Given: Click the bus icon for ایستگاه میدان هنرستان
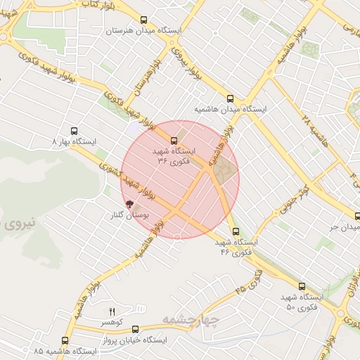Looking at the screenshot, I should click(x=144, y=20).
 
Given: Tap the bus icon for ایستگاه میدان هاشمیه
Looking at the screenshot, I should click(x=231, y=98).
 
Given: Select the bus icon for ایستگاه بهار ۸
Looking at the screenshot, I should click(x=75, y=130).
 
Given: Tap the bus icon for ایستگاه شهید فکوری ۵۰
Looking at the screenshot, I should click(x=302, y=286).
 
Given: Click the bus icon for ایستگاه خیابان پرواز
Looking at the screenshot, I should click(x=135, y=328).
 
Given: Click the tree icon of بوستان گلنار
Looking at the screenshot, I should click(x=127, y=204).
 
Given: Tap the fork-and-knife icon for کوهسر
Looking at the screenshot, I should click(x=111, y=311).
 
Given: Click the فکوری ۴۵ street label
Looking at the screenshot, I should click(x=249, y=281).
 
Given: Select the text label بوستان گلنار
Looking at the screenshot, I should click(x=128, y=216).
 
